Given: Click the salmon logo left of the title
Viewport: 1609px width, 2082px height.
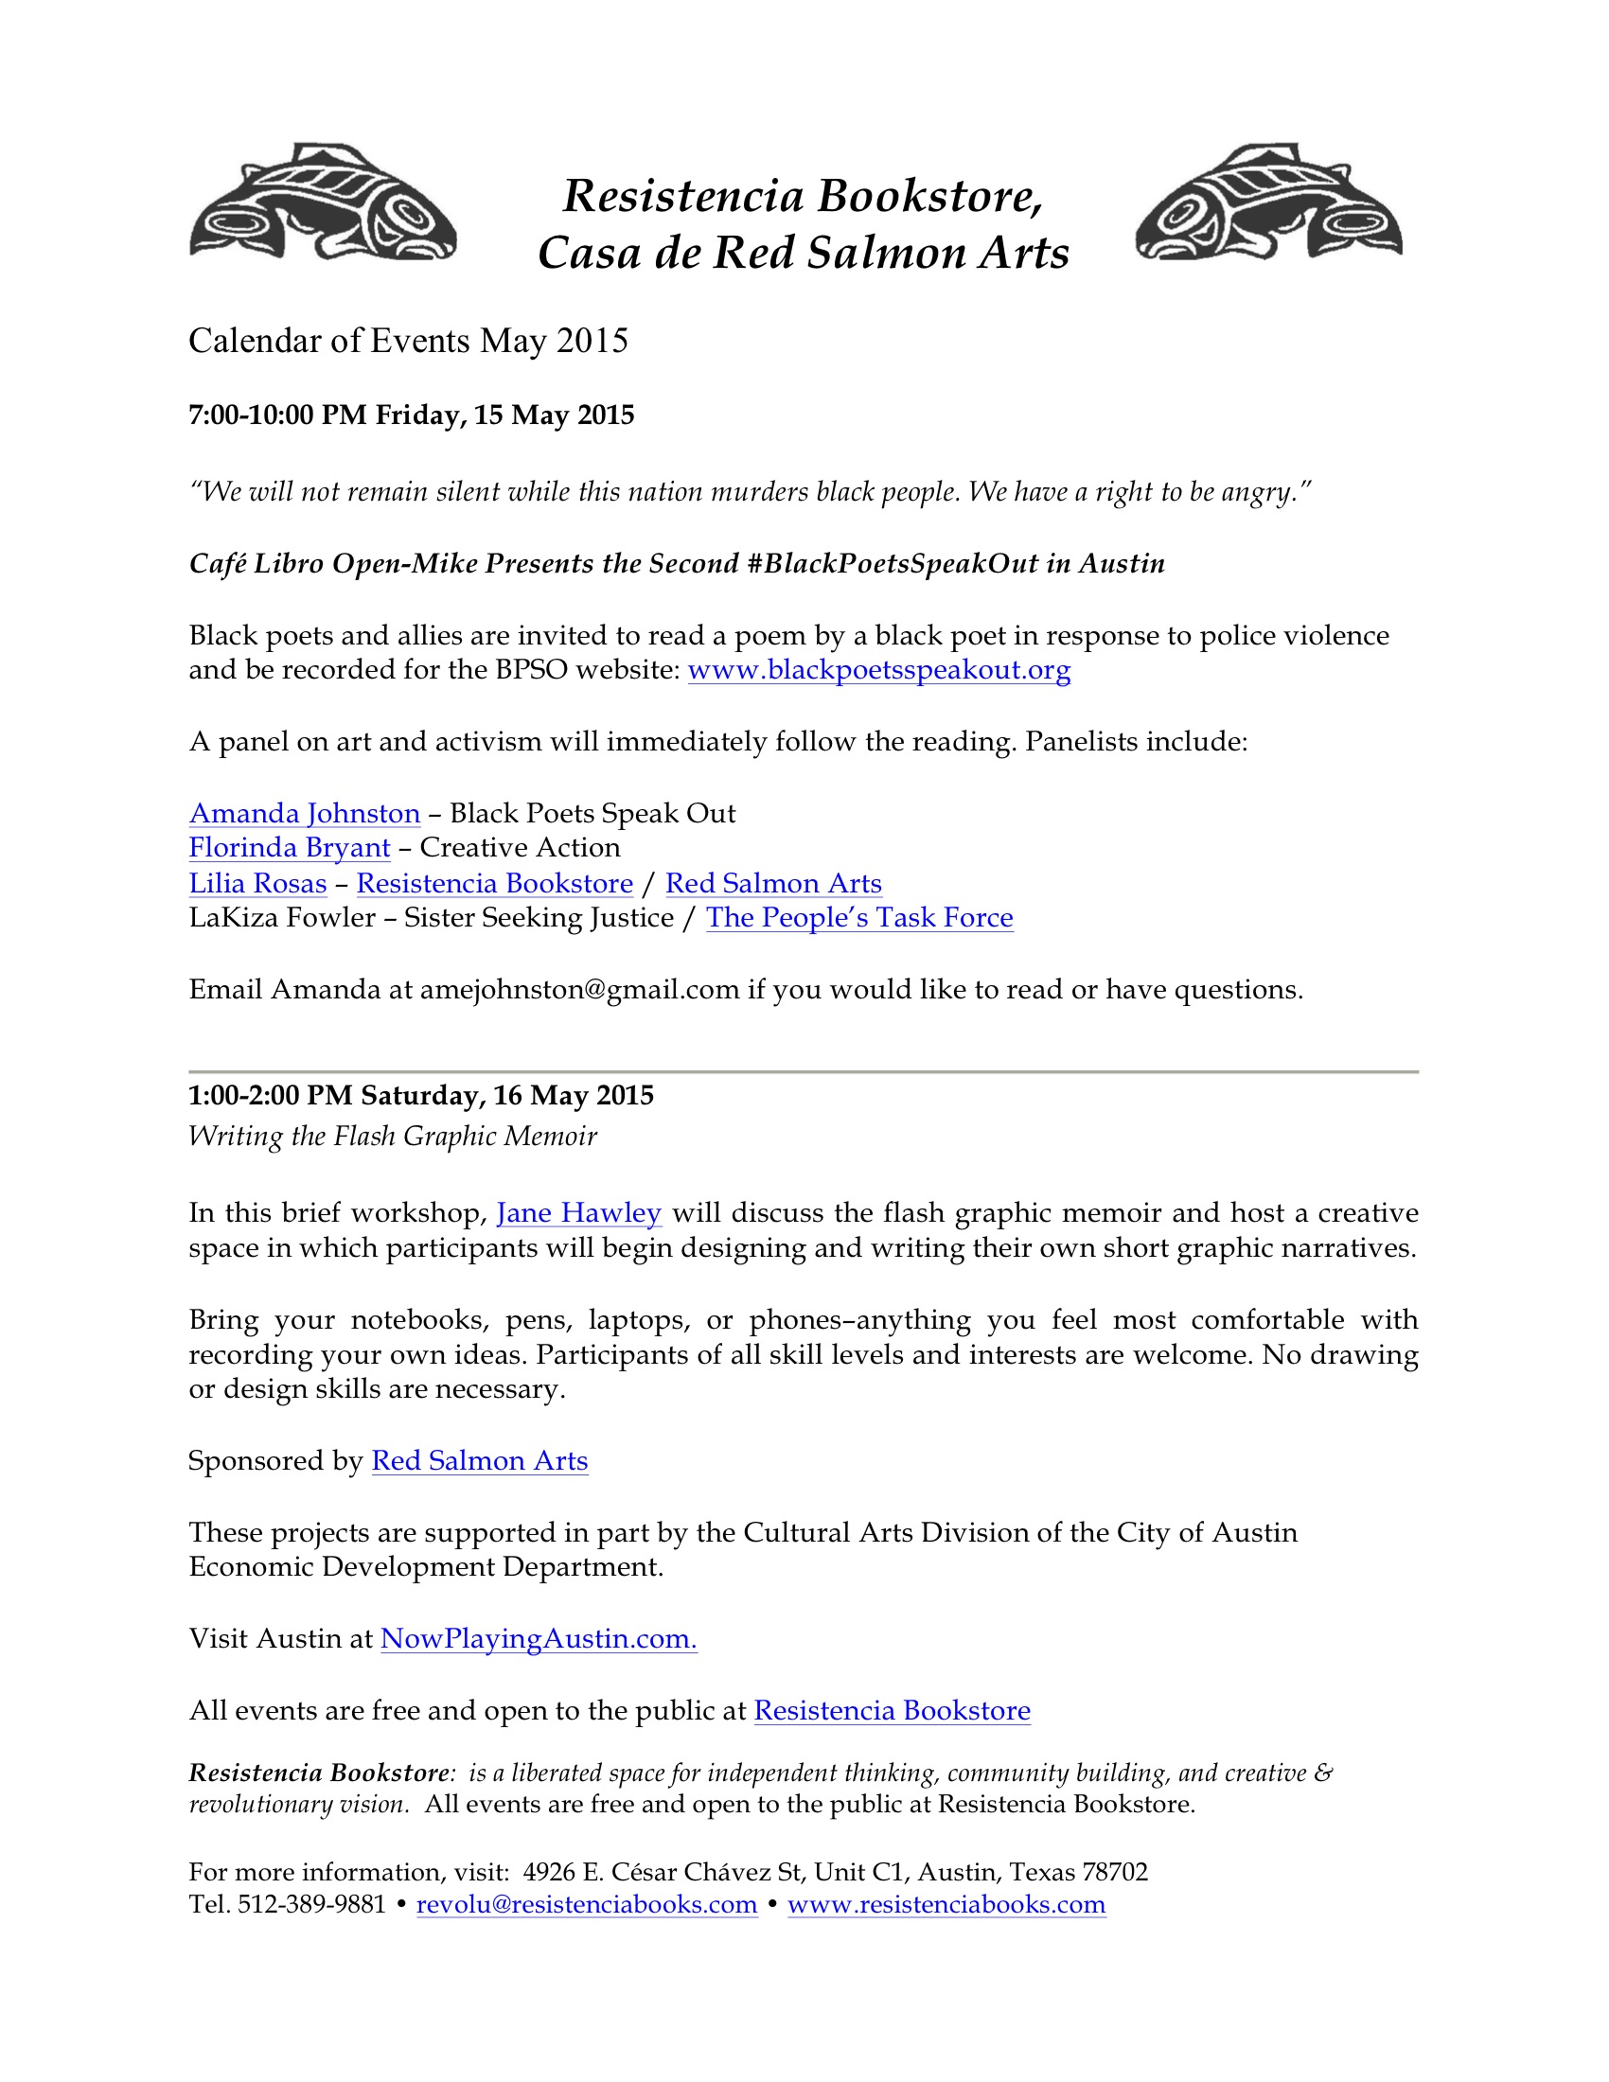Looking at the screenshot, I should tap(322, 203).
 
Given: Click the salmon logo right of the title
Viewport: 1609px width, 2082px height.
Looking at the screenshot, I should tap(1267, 203).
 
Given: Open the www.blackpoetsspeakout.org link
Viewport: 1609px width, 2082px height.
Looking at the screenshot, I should tap(879, 670).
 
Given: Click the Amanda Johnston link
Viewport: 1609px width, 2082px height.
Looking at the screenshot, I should tap(304, 813).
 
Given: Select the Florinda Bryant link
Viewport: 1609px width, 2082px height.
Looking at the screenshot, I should tap(289, 848).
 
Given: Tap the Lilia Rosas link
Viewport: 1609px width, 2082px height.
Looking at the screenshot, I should tap(257, 883).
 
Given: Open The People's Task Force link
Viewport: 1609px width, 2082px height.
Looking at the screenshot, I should tap(858, 917).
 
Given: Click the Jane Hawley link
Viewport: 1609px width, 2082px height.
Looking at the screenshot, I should tap(578, 1212).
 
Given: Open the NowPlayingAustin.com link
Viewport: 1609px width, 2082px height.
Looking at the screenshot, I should tap(539, 1638).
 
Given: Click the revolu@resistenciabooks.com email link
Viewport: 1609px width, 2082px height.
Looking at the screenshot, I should tap(586, 1904).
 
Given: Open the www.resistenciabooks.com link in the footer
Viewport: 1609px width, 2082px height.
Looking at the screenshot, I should tap(946, 1904).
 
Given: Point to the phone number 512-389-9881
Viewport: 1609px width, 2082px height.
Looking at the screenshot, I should tap(310, 1904).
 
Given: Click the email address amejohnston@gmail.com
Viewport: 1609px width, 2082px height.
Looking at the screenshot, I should tap(579, 990).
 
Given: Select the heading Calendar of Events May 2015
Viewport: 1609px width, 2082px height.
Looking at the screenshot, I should tap(408, 341).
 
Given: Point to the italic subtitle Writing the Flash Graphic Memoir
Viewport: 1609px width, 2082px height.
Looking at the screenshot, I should tap(392, 1137).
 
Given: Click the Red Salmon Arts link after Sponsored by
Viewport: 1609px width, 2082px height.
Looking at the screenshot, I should tap(480, 1460).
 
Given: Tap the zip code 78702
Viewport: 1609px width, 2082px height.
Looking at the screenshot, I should tap(1114, 1871).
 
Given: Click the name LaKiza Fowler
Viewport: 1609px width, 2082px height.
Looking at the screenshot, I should tap(282, 917).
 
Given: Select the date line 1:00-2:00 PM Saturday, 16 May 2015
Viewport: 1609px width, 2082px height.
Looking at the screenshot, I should tap(420, 1095).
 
